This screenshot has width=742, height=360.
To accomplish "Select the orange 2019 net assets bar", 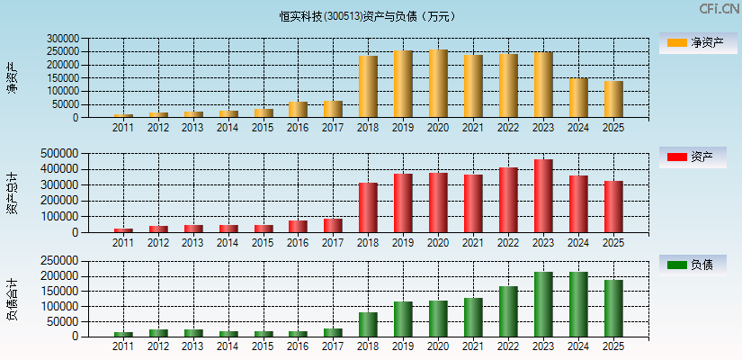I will click(403, 84).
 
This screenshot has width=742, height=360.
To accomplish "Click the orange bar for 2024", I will click(578, 98).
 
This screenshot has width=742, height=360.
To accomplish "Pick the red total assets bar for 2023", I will click(543, 196).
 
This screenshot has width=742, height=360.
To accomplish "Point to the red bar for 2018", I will click(368, 208).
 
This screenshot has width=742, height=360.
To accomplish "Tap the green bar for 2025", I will click(613, 309).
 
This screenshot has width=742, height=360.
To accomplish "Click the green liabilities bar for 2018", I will click(368, 325).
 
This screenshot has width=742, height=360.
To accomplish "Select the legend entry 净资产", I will click(698, 43).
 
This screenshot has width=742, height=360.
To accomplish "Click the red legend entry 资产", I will click(698, 157).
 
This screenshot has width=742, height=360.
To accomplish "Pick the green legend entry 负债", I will click(698, 265).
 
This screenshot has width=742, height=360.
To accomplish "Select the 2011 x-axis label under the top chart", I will click(123, 128).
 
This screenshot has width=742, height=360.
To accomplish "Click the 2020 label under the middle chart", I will click(438, 243).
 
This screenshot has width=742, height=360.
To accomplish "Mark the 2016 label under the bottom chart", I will click(298, 346).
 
